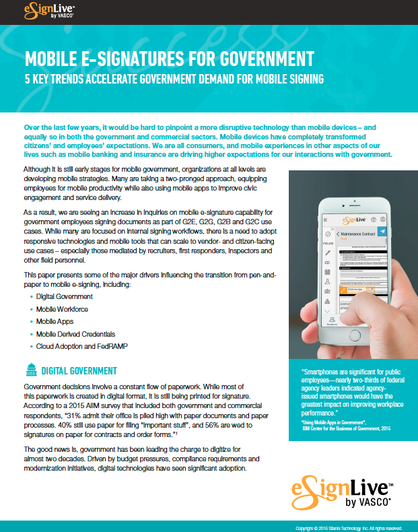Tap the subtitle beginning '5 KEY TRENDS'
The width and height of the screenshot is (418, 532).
[x=174, y=79]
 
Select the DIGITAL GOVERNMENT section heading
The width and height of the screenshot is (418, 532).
[x=79, y=371]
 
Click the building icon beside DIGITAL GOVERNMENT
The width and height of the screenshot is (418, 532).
[x=30, y=370]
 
